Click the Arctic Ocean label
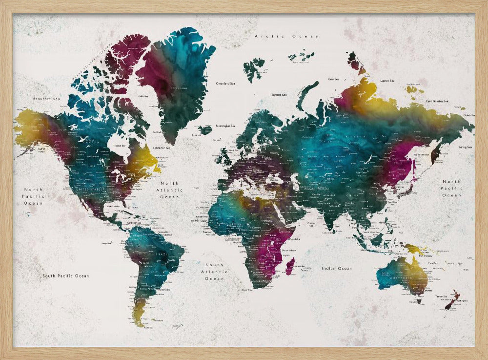286,36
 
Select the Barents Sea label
279,95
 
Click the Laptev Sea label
387,81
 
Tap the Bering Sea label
465,147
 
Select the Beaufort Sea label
46,99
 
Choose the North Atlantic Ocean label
170,190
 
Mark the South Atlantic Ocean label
214,272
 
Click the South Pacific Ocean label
65,276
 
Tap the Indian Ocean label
336,268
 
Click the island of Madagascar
290,266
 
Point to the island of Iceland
205,129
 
